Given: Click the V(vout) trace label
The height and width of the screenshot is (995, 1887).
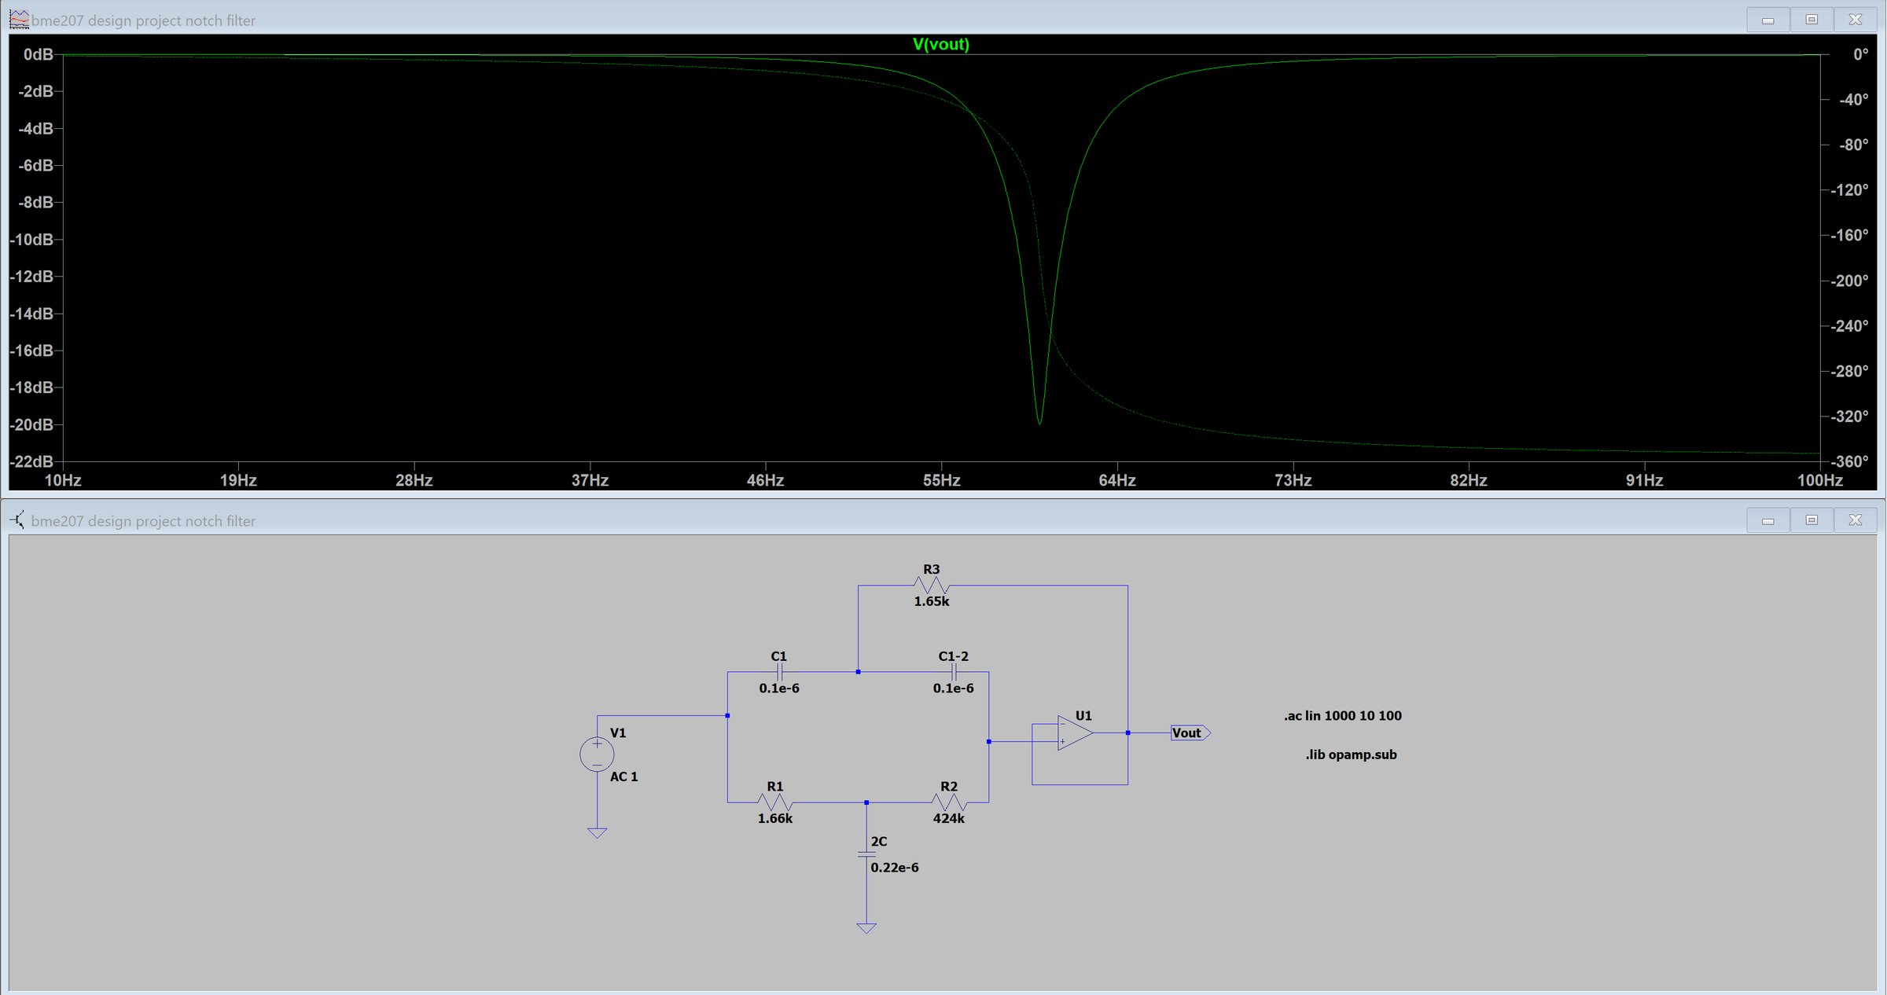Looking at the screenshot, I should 940,44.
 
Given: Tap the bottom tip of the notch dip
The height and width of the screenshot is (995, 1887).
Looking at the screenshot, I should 1039,423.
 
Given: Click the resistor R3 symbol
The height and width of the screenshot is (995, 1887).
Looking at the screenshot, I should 932,586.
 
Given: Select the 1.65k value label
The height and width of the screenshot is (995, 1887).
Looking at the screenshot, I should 932,601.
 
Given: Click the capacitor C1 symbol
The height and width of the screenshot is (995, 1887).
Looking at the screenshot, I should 779,672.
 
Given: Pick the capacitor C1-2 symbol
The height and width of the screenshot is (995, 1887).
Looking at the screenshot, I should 954,672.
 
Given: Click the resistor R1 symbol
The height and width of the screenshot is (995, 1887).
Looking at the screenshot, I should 775,802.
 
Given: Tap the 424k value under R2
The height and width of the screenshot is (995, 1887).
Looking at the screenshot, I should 949,818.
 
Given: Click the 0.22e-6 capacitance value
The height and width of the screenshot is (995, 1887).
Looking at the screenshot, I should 895,868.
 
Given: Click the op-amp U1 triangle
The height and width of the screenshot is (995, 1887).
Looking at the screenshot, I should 1074,732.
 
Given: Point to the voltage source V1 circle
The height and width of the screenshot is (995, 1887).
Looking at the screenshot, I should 597,755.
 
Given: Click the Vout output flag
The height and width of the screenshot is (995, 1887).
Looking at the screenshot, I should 1190,733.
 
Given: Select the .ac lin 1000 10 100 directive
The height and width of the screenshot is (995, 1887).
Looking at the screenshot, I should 1343,716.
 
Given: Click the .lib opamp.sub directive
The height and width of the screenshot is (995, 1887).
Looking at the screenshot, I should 1351,755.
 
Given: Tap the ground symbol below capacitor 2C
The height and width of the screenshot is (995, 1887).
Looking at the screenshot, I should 866,928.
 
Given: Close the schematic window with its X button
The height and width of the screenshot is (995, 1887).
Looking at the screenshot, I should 1855,520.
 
